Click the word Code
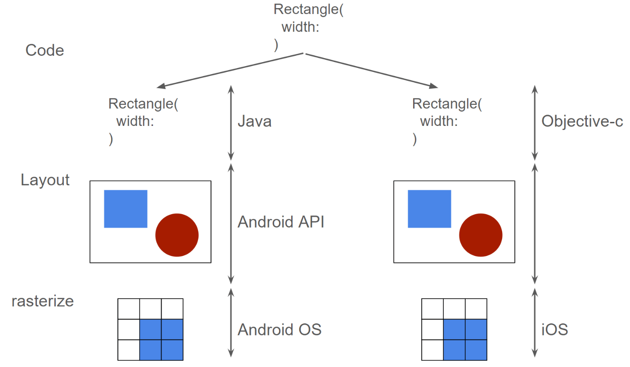click(x=45, y=50)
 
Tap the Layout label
click(x=45, y=180)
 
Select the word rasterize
click(x=43, y=301)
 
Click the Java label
click(x=255, y=121)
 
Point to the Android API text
click(x=281, y=222)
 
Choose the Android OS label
click(x=279, y=329)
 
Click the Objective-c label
click(x=582, y=121)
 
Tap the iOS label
click(x=554, y=329)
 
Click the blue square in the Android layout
click(x=126, y=209)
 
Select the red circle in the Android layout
click(x=177, y=235)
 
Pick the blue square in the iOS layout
click(x=429, y=209)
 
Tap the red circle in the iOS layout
click(x=481, y=235)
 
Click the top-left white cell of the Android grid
click(x=129, y=309)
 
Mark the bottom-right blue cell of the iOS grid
click(x=476, y=350)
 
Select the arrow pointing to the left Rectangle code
click(x=230, y=71)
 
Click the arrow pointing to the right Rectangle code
click(x=372, y=71)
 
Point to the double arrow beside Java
click(x=231, y=123)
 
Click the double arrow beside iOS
click(x=535, y=323)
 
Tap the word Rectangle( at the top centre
click(x=309, y=9)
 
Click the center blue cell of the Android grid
click(x=150, y=329)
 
